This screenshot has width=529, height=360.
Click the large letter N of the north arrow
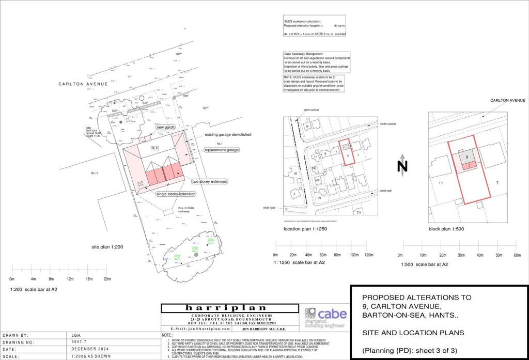point(402,166)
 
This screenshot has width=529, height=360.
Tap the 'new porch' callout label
point(166,127)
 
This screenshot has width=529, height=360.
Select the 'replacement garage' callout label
point(222,150)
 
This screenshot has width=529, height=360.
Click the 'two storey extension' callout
point(209,182)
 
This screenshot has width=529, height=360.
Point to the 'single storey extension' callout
point(176,194)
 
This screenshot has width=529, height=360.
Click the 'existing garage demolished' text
point(228,134)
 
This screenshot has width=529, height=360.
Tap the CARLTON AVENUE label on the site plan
point(83,84)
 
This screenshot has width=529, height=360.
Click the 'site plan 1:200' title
point(107,247)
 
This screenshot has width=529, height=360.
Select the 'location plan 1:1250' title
point(305,228)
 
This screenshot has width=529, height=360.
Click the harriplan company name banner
point(230,308)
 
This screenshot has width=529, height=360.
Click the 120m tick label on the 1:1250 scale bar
point(369,256)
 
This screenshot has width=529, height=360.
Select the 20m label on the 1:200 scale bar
point(107,279)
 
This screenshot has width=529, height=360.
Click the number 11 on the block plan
point(441,183)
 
